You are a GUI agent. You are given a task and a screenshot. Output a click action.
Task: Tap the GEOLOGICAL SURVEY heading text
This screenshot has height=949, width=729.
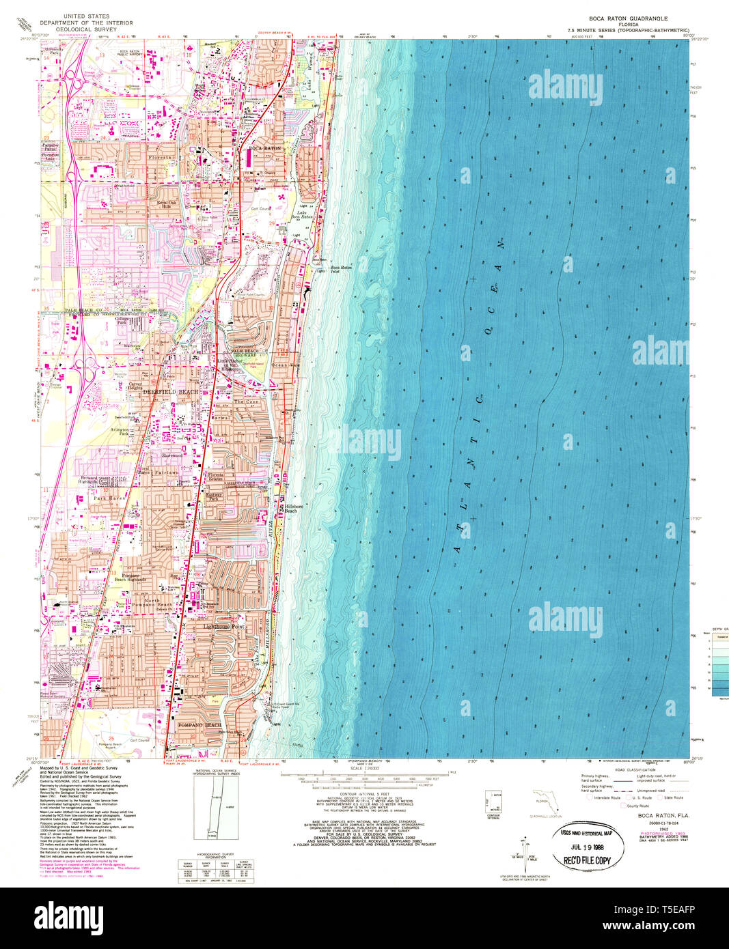coord(96,29)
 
